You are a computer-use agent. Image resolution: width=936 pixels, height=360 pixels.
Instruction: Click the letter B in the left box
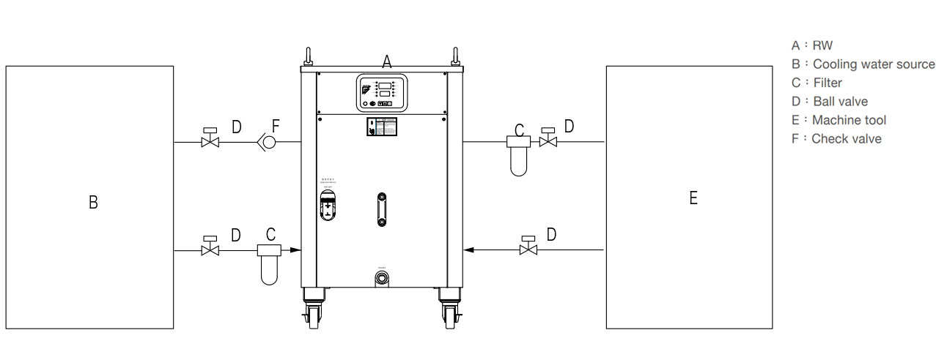coord(93,202)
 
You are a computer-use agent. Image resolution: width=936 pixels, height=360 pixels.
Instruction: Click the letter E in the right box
coord(693,198)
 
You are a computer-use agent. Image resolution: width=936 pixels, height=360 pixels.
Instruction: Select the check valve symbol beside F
coord(267,142)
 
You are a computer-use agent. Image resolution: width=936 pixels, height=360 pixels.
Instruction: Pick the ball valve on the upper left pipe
coord(210,140)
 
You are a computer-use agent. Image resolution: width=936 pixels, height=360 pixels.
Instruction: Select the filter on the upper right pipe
coord(519,154)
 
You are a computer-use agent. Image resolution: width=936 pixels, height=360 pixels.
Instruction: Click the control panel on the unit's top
coord(381,93)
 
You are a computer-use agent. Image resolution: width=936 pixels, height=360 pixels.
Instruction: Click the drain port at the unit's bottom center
coord(381,278)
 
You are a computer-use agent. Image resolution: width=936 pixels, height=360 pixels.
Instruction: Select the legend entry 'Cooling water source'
coord(872,64)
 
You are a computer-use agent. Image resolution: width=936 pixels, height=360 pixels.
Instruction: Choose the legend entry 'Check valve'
coord(846,138)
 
